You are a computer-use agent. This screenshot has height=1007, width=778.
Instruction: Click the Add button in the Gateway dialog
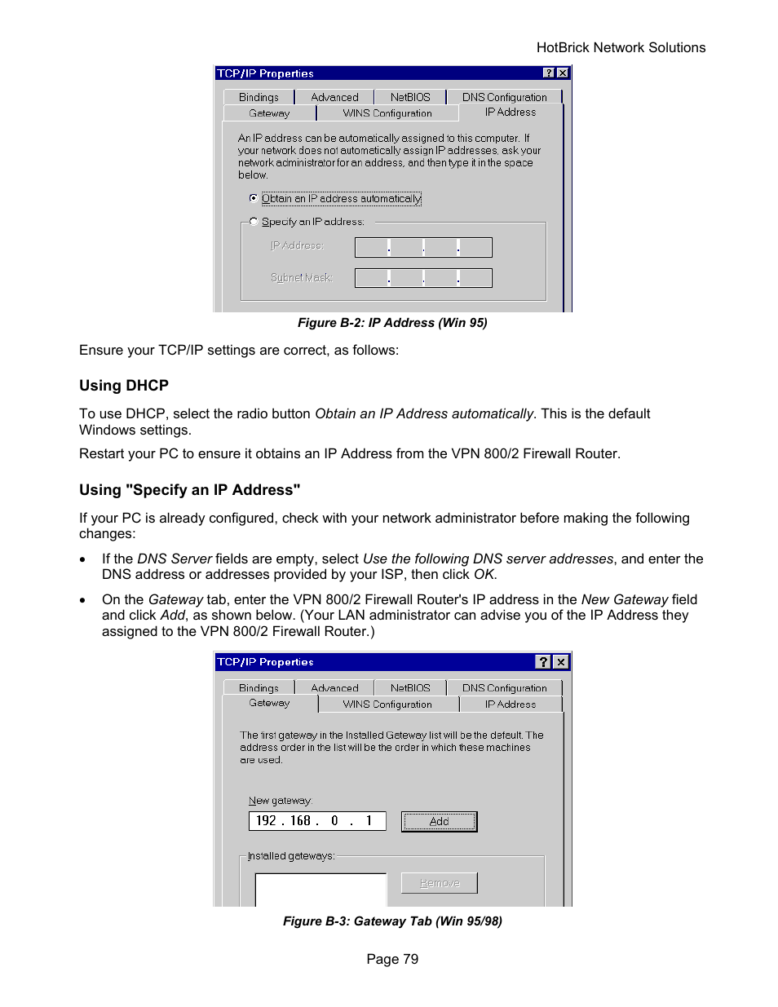pyautogui.click(x=439, y=821)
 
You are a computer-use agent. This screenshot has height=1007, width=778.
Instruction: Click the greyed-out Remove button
pyautogui.click(x=439, y=883)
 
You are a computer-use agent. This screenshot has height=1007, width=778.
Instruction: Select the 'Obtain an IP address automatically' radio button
pyautogui.click(x=254, y=198)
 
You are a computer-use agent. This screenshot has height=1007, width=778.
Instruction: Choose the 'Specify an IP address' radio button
pyautogui.click(x=254, y=222)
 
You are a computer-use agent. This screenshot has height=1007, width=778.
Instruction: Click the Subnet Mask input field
pyautogui.click(x=423, y=278)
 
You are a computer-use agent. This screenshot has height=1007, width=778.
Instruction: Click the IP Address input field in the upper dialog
pyautogui.click(x=423, y=247)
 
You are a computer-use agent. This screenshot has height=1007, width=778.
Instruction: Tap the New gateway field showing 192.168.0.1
pyautogui.click(x=316, y=821)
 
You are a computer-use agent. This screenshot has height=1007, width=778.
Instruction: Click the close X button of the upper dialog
pyautogui.click(x=563, y=73)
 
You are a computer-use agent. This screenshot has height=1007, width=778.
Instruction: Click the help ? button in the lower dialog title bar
pyautogui.click(x=543, y=662)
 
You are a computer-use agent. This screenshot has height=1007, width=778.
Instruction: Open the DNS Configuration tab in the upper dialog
pyautogui.click(x=504, y=97)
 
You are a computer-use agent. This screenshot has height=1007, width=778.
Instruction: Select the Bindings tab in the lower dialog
pyautogui.click(x=259, y=688)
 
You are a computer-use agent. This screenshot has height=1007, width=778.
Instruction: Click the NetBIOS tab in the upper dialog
pyautogui.click(x=409, y=97)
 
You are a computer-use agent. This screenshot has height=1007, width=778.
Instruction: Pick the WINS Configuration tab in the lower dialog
pyautogui.click(x=387, y=704)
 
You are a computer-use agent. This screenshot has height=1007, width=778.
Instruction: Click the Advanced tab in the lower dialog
pyautogui.click(x=334, y=688)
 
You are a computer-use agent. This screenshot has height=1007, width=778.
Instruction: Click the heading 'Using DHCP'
pyautogui.click(x=124, y=386)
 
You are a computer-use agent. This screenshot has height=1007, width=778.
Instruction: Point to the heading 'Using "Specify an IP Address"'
pyautogui.click(x=189, y=490)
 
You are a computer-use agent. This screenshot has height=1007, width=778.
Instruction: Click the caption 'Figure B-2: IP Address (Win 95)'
pyautogui.click(x=392, y=323)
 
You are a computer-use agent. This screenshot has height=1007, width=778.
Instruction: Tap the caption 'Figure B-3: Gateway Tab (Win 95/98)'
pyautogui.click(x=392, y=921)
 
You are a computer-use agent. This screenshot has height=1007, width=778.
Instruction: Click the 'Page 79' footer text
pyautogui.click(x=392, y=959)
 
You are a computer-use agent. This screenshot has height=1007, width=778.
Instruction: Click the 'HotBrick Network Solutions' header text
pyautogui.click(x=621, y=48)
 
